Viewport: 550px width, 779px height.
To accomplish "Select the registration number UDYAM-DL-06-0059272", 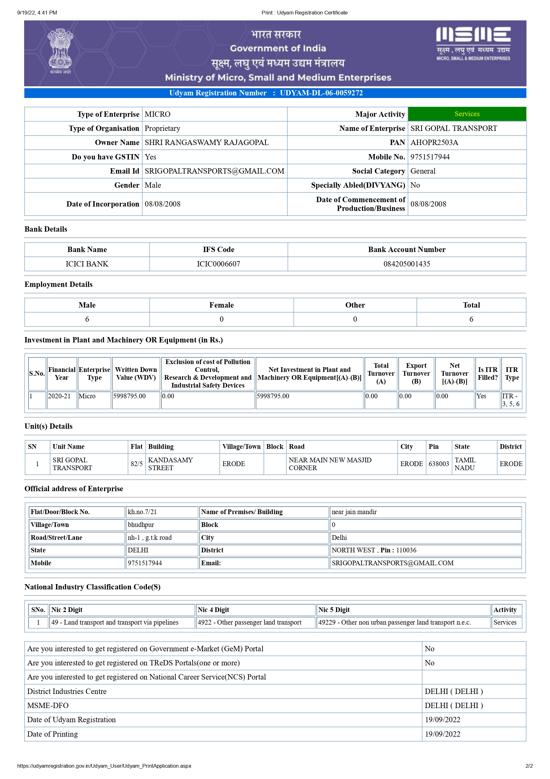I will (x=321, y=93).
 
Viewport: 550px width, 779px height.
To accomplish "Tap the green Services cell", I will (x=467, y=114).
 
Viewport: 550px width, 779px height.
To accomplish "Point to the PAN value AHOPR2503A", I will (x=434, y=142).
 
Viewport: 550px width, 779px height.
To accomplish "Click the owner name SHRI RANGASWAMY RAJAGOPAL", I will (x=207, y=142).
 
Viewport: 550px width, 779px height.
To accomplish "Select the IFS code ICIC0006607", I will (x=218, y=264).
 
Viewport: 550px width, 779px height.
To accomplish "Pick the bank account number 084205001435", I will (x=406, y=264).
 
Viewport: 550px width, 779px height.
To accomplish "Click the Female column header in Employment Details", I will (x=221, y=305).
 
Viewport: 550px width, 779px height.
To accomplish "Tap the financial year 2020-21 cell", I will (x=60, y=396).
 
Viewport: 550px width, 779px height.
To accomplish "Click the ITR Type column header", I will (x=511, y=373).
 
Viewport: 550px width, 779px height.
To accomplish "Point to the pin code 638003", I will (x=438, y=464).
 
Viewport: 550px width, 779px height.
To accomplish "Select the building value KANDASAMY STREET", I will (x=170, y=464).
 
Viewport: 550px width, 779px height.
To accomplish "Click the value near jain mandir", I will (x=354, y=512).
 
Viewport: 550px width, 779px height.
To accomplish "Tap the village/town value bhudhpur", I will (x=141, y=524).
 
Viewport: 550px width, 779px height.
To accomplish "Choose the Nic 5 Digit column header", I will (x=334, y=610).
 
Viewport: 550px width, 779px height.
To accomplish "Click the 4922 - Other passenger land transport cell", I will (x=249, y=622).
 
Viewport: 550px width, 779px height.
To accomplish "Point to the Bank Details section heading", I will (x=46, y=229).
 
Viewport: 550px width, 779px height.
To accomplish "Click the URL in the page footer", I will (x=104, y=766).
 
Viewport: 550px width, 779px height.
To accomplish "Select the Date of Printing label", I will (x=53, y=734).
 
